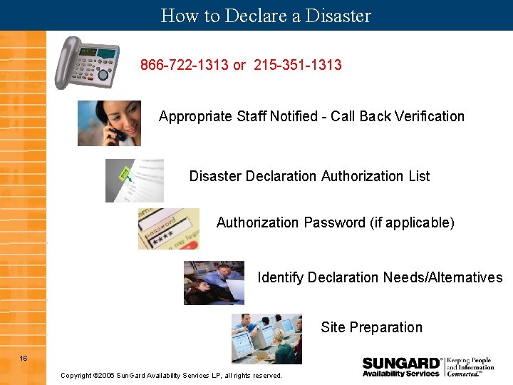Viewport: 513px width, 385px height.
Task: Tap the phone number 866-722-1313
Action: (x=184, y=65)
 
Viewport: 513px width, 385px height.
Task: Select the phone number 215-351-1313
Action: (x=298, y=65)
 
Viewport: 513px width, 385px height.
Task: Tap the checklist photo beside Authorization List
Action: (x=135, y=180)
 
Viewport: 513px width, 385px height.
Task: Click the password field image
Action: (x=168, y=228)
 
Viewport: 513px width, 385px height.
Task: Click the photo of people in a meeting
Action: (x=214, y=282)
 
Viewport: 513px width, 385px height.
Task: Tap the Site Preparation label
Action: (x=371, y=327)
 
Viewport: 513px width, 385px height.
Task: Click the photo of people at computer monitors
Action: (x=266, y=338)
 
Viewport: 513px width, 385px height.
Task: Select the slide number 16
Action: (x=24, y=358)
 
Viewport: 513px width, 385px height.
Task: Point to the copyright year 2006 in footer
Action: (x=105, y=375)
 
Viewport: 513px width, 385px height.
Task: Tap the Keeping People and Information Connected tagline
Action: (x=470, y=366)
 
